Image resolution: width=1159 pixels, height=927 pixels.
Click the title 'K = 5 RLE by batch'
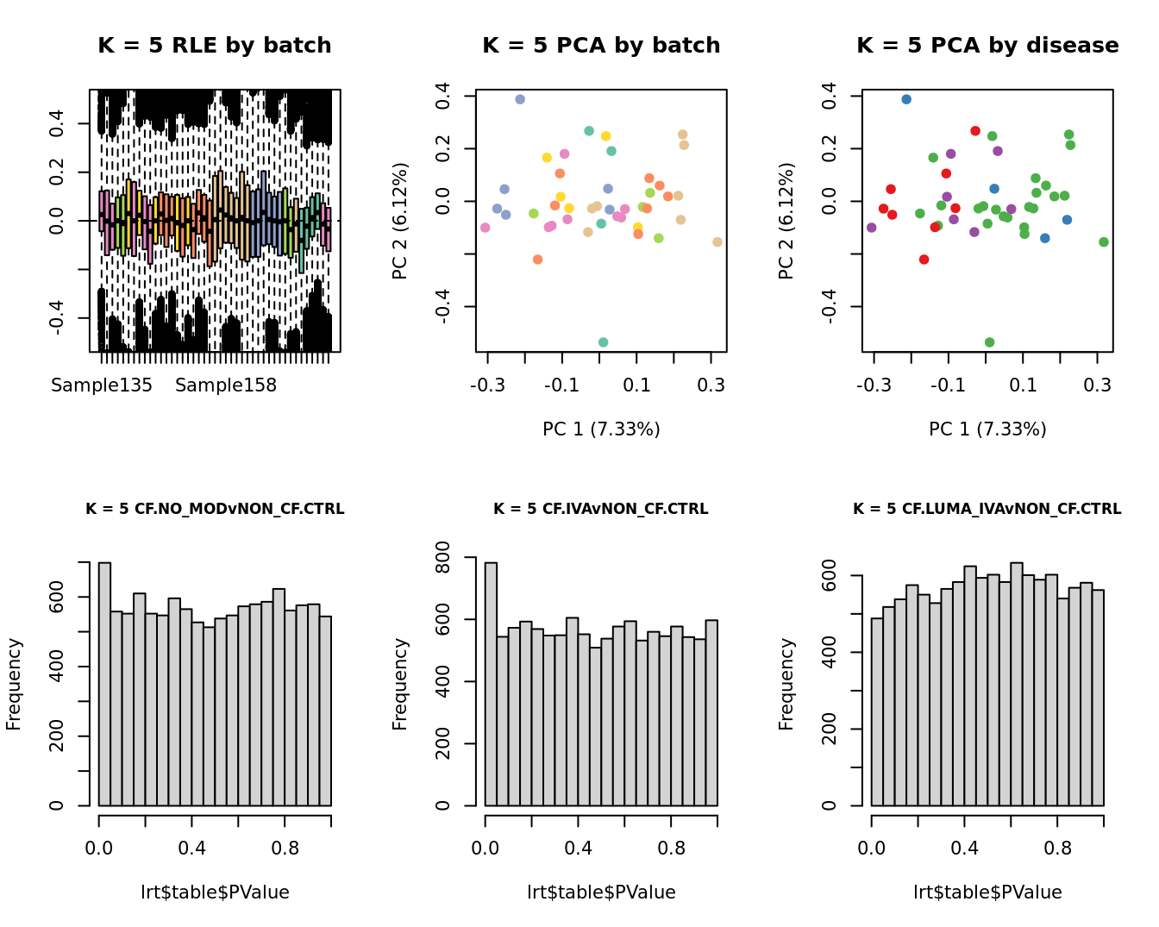click(214, 46)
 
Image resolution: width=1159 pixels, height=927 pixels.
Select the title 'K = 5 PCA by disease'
click(987, 46)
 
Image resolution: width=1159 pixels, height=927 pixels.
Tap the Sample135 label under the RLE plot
click(102, 385)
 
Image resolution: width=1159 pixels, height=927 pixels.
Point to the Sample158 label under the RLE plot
click(226, 385)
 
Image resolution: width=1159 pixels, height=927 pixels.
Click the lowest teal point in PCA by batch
click(603, 342)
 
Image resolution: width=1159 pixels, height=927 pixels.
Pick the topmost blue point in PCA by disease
click(906, 99)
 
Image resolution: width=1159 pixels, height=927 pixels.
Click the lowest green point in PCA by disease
click(989, 342)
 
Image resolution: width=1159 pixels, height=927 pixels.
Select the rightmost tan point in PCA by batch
click(717, 242)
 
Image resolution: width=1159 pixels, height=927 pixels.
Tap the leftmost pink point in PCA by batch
click(485, 228)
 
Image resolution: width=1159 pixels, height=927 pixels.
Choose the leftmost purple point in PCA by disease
click(871, 228)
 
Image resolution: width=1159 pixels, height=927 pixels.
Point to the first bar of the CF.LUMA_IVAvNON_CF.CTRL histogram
click(877, 711)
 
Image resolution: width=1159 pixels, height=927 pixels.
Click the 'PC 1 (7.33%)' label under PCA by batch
click(601, 429)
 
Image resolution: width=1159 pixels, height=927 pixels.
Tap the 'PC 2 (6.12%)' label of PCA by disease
click(786, 222)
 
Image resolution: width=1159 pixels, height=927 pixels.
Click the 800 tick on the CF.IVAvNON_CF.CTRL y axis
click(442, 558)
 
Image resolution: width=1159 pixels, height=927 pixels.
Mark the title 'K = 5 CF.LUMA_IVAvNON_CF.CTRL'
click(987, 510)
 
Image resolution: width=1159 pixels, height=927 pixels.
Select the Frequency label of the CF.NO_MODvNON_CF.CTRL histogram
click(14, 684)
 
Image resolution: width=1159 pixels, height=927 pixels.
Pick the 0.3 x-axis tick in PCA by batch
click(711, 385)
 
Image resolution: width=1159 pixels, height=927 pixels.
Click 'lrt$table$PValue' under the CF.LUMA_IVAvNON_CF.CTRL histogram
click(987, 893)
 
